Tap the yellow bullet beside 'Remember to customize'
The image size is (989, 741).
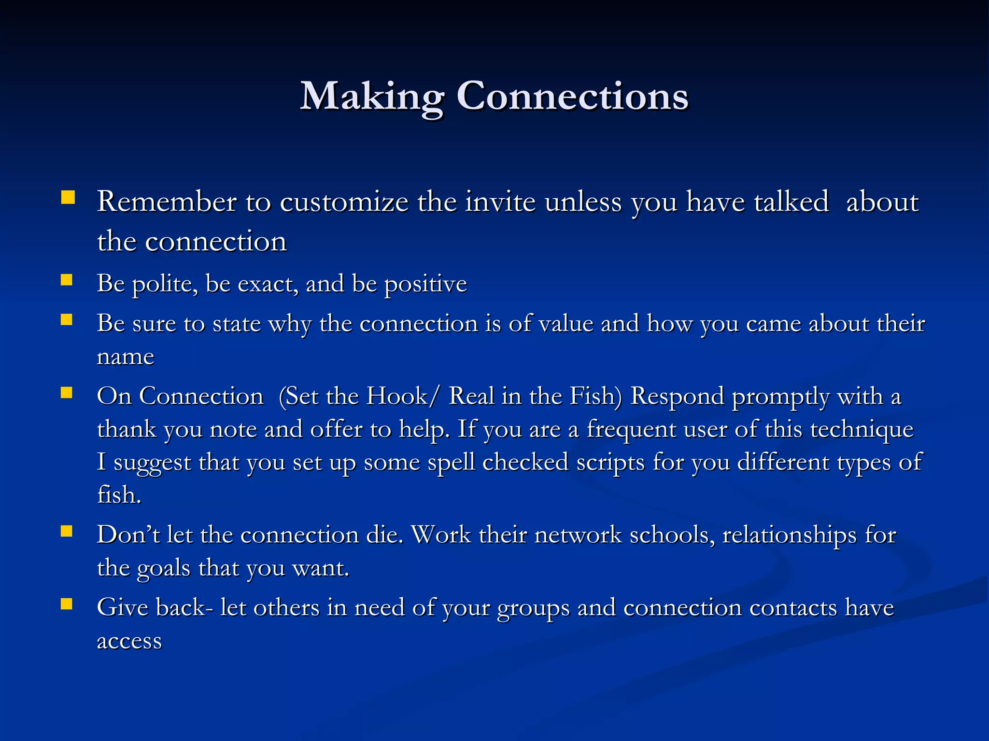68,198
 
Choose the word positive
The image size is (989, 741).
425,284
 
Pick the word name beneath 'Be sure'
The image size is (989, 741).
126,357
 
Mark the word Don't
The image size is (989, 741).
128,535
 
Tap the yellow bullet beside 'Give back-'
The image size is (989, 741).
67,604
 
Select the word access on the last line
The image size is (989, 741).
129,642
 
